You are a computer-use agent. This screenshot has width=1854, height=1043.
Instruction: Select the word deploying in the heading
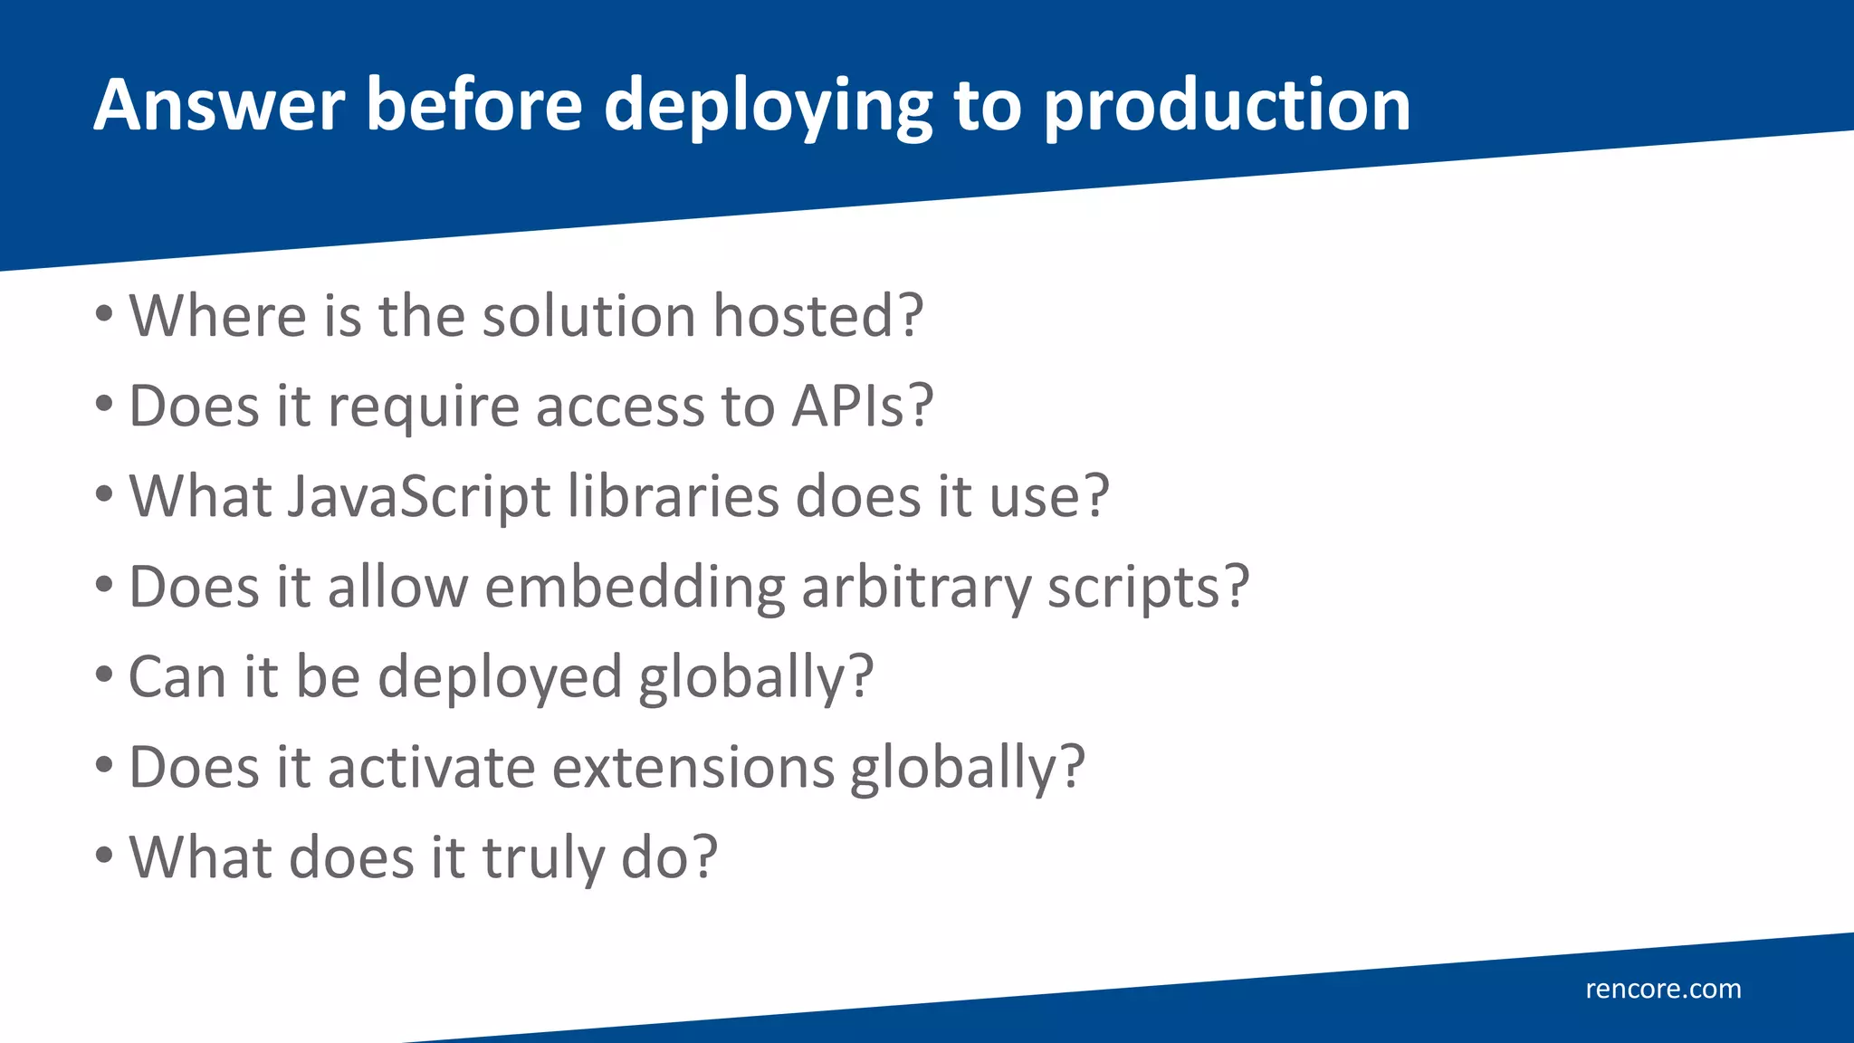point(768,107)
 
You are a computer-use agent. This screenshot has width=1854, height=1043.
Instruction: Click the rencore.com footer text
point(1663,989)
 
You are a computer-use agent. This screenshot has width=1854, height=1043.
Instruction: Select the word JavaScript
point(419,496)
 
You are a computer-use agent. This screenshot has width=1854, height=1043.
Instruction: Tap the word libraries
point(673,496)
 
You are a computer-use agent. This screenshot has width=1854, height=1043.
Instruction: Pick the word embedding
point(635,588)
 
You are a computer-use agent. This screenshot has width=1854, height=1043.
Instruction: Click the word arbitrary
point(916,588)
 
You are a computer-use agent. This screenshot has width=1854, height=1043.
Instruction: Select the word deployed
point(500,677)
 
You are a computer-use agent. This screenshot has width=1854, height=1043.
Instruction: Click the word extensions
point(693,768)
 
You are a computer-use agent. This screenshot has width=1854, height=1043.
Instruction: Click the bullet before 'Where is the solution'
point(104,315)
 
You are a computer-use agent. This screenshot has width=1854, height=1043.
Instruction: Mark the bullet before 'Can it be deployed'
point(104,675)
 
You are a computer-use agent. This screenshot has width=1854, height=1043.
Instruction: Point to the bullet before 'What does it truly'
point(104,856)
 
